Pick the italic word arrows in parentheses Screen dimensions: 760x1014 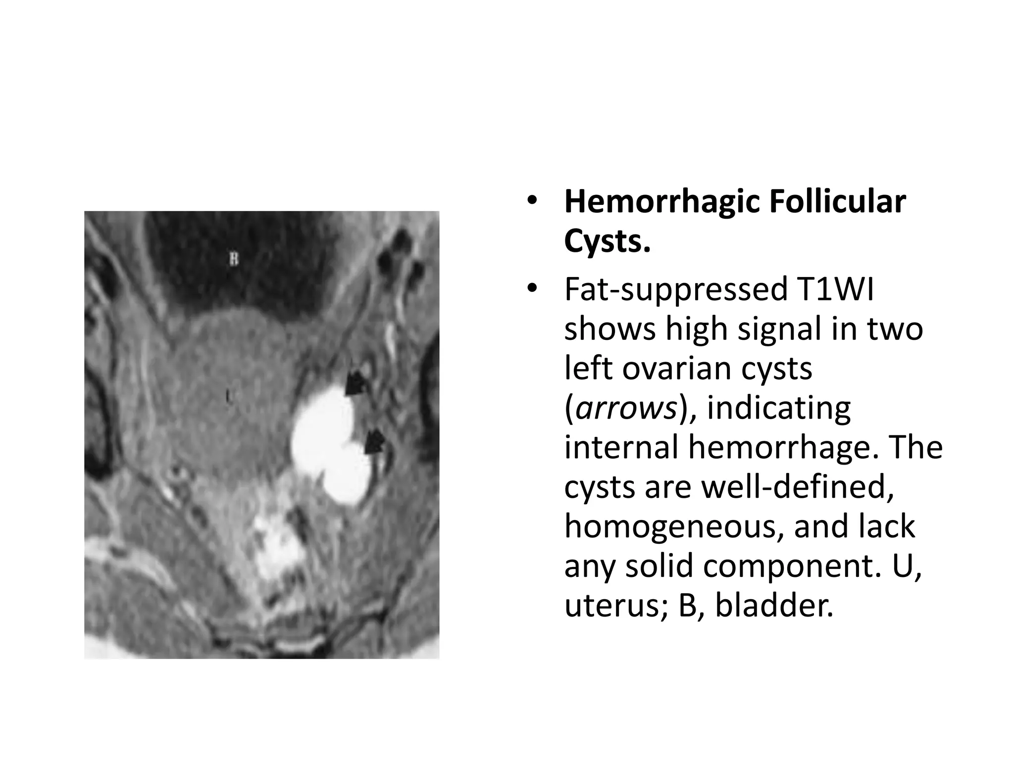(x=626, y=409)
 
